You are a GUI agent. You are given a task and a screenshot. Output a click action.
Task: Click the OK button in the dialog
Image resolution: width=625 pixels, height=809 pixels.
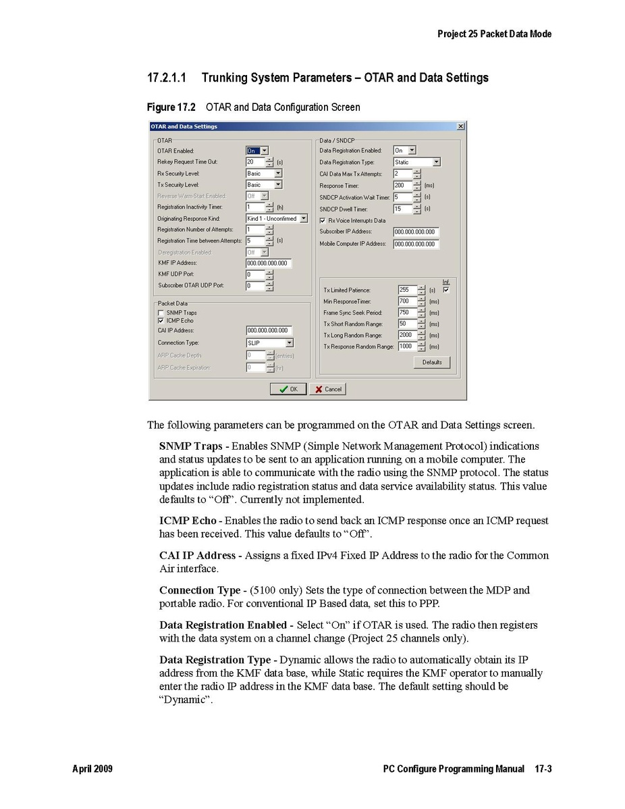coord(288,389)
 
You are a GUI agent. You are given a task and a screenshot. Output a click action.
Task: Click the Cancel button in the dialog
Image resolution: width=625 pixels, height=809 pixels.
coord(328,389)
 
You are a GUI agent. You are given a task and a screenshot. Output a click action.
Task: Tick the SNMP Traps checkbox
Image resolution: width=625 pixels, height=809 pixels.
coord(161,313)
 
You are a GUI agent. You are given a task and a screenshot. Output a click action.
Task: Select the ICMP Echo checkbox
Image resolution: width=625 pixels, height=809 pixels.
coord(161,321)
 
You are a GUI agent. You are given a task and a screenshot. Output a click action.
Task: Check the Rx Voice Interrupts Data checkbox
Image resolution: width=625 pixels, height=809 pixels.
coord(323,220)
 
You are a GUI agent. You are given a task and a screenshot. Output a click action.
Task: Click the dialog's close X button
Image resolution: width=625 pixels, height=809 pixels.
coord(460,126)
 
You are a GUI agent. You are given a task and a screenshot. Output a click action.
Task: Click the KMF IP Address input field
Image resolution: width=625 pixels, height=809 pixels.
coord(269,263)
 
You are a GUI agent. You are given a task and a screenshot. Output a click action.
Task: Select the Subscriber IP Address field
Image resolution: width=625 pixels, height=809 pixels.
coord(416,232)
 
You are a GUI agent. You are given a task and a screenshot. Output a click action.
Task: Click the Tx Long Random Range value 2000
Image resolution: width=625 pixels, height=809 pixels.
coord(406,335)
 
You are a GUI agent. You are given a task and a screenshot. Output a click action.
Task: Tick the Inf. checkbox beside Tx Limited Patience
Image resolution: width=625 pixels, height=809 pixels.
coord(445,290)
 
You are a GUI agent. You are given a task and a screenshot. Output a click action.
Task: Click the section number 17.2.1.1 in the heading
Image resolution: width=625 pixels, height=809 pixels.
coord(167,78)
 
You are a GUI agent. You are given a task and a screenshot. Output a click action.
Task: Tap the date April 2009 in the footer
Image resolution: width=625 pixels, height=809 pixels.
coord(92,769)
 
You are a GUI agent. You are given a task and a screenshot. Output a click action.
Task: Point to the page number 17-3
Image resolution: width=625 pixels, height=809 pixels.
coord(544,769)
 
